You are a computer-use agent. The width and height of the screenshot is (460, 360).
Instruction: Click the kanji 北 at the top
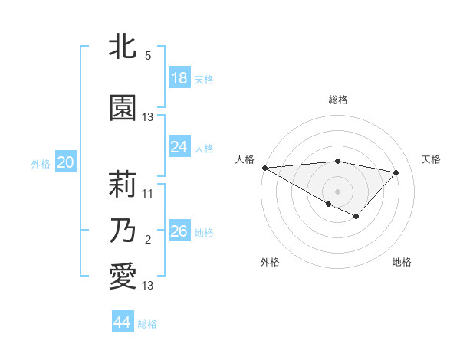123,46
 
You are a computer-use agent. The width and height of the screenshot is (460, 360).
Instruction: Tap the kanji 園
123,108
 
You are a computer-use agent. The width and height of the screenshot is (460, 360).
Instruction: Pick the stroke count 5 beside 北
148,56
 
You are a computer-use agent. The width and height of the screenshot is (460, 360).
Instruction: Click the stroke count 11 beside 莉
148,194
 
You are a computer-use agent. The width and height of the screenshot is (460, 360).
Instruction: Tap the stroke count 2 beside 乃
148,241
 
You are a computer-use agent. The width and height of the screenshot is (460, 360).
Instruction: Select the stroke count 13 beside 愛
148,286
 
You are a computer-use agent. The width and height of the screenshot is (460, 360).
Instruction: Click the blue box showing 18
179,77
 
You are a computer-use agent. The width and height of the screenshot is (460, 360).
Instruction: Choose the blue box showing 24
179,146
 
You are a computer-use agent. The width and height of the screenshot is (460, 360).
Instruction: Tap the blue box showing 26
179,231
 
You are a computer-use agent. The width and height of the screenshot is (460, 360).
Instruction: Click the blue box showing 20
66,162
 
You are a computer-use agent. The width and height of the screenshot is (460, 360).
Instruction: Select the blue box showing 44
122,322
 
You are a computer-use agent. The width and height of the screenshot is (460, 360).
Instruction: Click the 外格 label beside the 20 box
41,163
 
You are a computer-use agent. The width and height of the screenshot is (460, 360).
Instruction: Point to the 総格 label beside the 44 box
147,324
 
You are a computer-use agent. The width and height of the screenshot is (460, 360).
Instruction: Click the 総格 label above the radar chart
337,100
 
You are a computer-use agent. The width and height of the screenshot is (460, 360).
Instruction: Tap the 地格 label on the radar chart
402,262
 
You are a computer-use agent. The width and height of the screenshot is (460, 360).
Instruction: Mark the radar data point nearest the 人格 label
264,168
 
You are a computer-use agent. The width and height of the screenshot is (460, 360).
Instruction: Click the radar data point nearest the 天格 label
396,172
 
